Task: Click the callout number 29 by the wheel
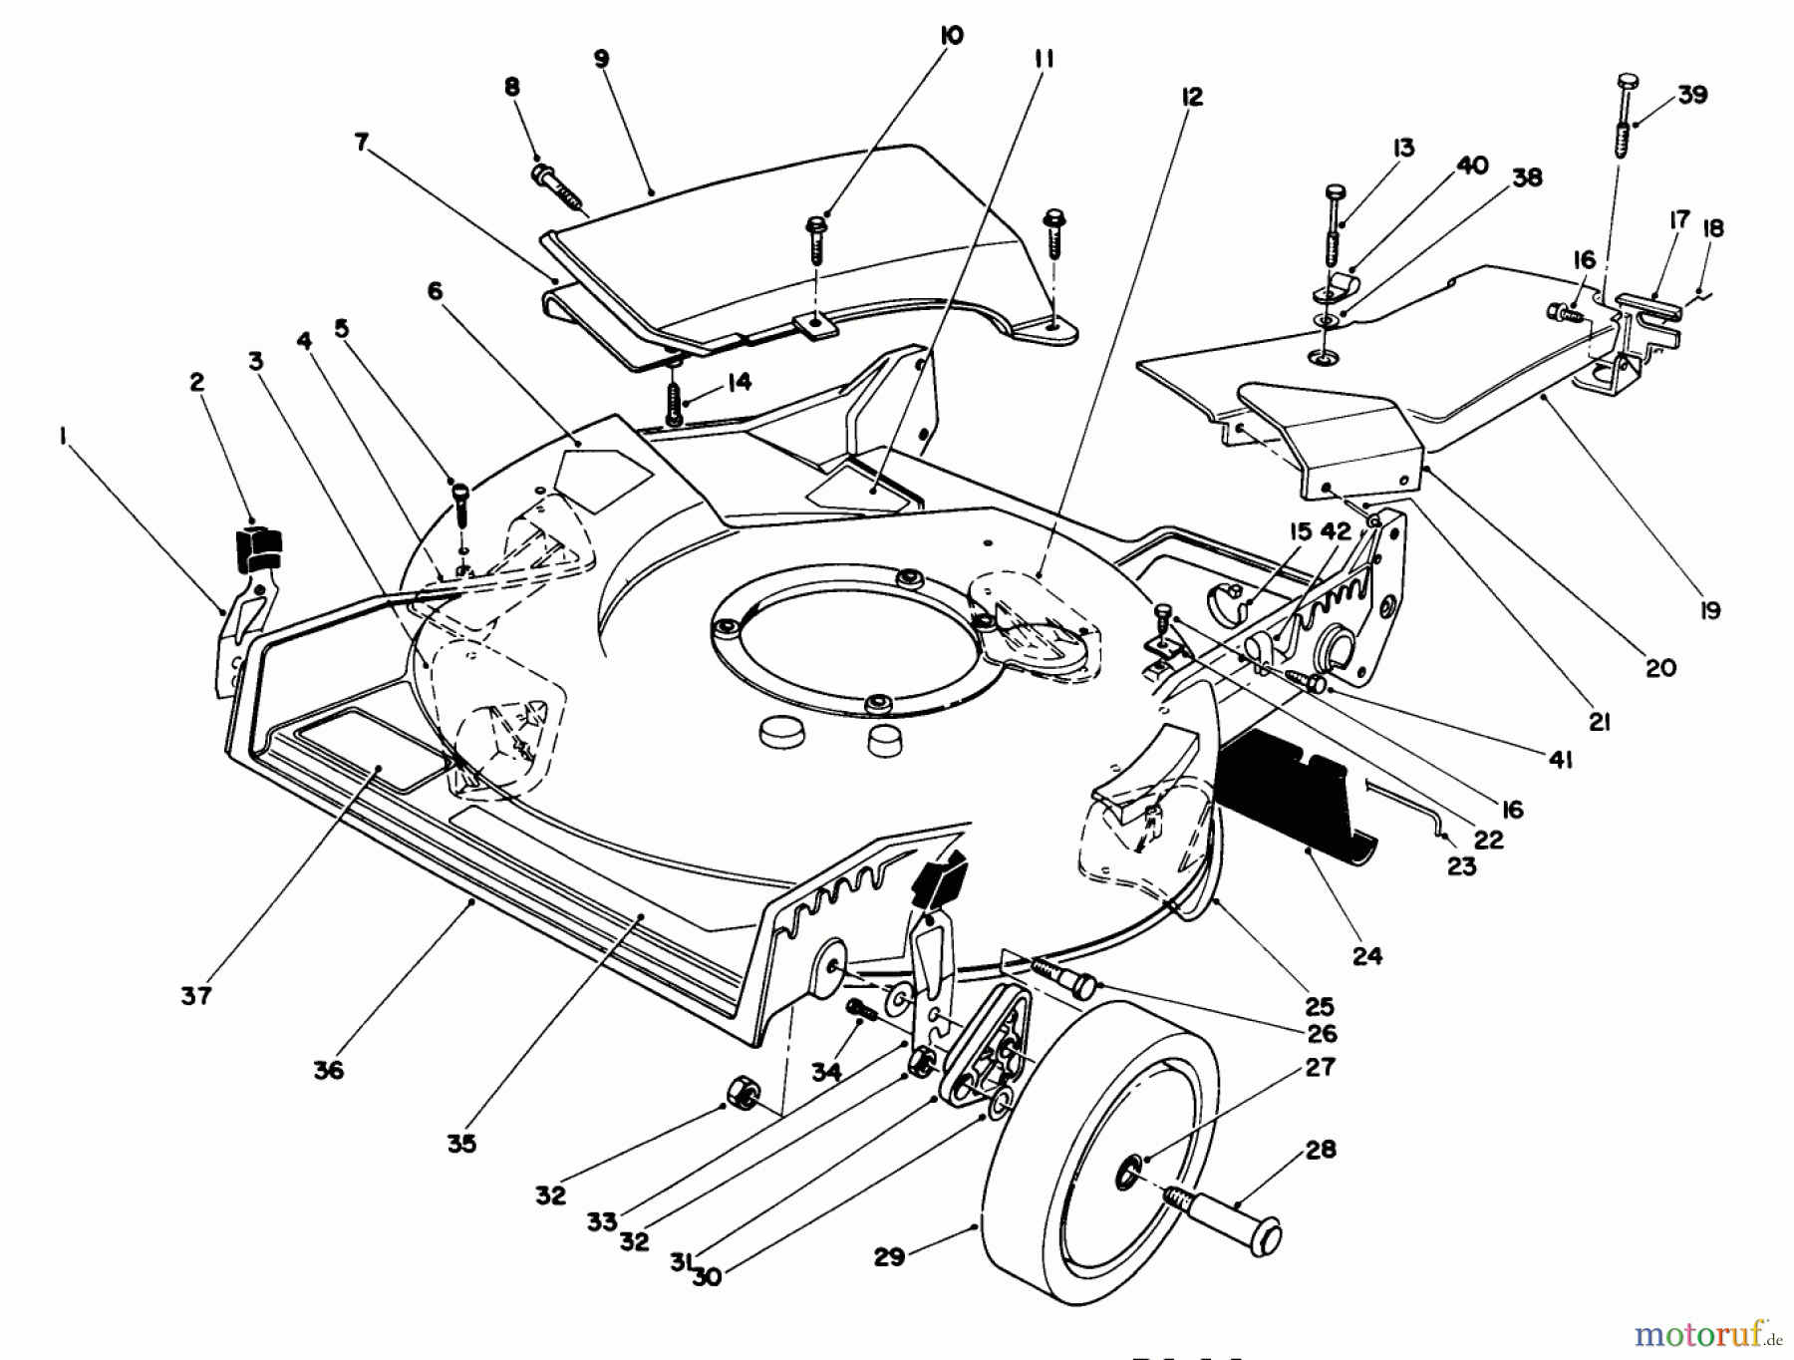889,1256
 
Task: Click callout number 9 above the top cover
601,59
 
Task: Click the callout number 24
1367,955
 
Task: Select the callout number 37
196,994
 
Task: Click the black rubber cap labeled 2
257,548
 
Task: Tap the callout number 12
1192,97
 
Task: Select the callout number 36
328,1069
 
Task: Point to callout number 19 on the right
1710,610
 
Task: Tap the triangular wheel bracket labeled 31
982,1057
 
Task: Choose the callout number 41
1560,760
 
